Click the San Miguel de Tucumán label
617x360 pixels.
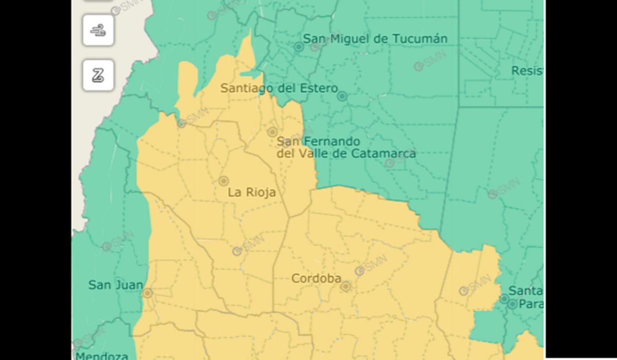(375, 39)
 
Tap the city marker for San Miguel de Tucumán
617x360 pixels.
(298, 47)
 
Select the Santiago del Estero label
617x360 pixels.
(279, 88)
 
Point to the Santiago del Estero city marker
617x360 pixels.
(342, 96)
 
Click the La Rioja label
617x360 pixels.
(252, 192)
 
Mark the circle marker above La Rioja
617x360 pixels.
(224, 181)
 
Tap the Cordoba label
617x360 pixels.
(316, 278)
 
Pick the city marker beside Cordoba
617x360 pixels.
(346, 286)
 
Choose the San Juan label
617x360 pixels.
(116, 284)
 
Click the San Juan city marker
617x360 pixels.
(148, 293)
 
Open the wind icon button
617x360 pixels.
(98, 31)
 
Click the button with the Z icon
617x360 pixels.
(98, 76)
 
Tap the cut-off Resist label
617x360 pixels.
(527, 71)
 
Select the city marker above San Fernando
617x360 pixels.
(273, 132)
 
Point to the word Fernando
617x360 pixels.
(334, 141)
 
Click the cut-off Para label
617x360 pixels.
(531, 304)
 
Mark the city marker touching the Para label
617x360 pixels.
(513, 304)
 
